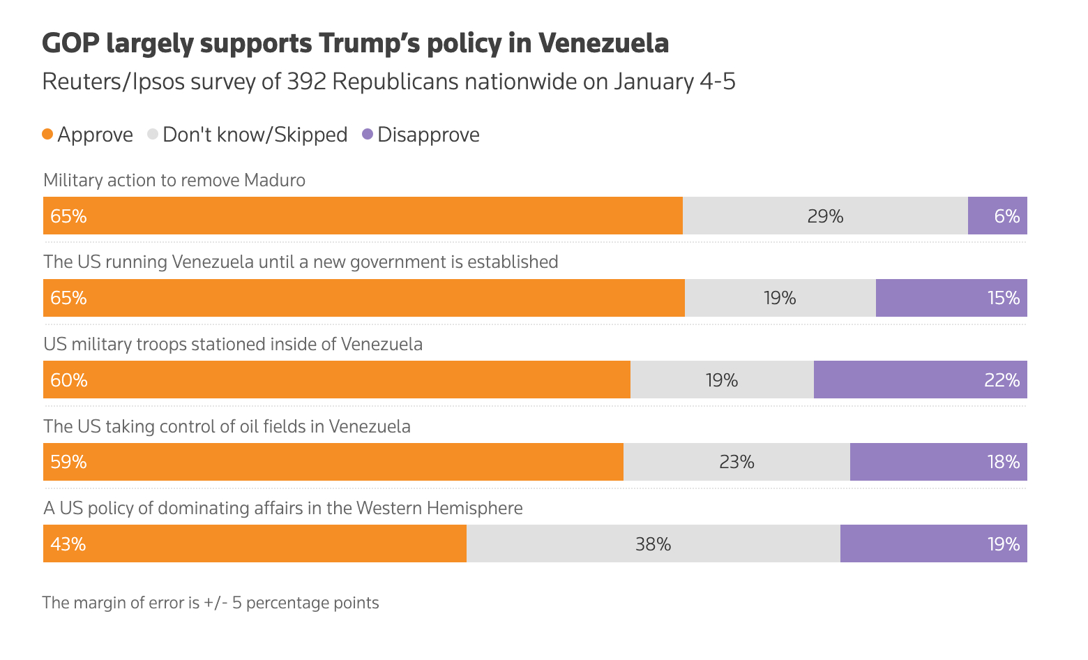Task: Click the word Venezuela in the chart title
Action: point(603,43)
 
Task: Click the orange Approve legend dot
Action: point(47,134)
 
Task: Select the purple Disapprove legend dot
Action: point(368,134)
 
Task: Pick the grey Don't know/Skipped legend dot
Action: point(153,134)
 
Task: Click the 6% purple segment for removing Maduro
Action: point(997,216)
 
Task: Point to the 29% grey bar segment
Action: point(825,216)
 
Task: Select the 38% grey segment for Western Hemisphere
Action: point(653,543)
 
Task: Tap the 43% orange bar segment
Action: point(255,543)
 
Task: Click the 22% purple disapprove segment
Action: point(920,380)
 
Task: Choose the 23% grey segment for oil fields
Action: point(736,462)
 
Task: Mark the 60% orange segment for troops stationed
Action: point(337,380)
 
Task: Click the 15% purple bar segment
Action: point(951,298)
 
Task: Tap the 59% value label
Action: point(68,462)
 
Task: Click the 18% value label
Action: point(1003,462)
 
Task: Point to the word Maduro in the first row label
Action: point(275,180)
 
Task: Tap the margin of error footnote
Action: point(211,603)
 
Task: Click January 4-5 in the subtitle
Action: point(674,82)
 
